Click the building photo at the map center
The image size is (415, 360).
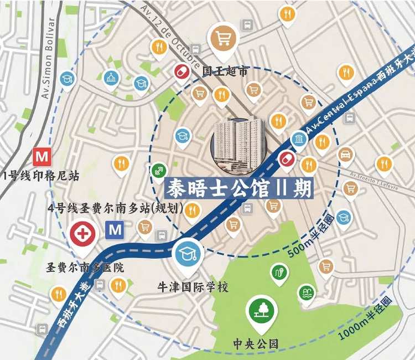click(239, 143)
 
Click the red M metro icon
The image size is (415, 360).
click(41, 156)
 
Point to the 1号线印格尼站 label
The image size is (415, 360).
click(41, 176)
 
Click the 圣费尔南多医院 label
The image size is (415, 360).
click(84, 268)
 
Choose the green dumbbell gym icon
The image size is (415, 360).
click(159, 170)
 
